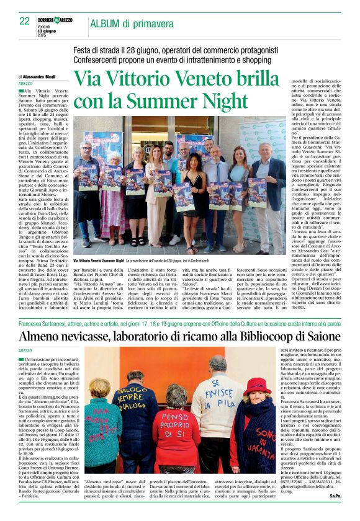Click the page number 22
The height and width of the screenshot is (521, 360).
(x=25, y=22)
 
